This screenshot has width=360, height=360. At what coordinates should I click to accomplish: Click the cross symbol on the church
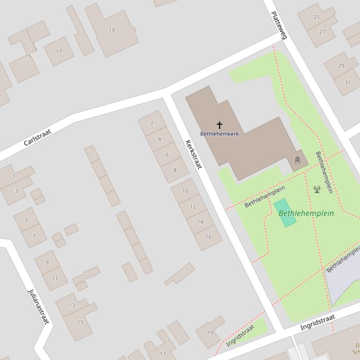coord(219,125)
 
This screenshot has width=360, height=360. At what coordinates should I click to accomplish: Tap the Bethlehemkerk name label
coord(219,134)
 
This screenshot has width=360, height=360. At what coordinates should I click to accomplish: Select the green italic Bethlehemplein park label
coord(306,213)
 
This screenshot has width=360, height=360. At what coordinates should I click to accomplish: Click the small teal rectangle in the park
coord(285,213)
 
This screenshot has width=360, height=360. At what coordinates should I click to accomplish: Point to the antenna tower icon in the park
coord(317,189)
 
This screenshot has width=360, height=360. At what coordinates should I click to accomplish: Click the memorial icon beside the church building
coord(297,161)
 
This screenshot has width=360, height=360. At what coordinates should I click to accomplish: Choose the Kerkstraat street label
coord(193,154)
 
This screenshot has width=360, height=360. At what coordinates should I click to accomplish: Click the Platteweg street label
coord(279,25)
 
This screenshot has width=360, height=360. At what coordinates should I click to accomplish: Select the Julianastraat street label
coord(38,307)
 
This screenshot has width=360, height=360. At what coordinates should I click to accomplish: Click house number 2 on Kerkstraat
coord(152,123)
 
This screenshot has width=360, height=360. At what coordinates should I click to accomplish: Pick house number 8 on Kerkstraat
coord(175,170)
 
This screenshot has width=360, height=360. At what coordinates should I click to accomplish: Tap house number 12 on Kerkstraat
coord(193,206)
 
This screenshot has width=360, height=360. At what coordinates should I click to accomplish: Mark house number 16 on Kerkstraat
coord(208,237)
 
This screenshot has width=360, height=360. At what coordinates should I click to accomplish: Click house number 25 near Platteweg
coord(316,17)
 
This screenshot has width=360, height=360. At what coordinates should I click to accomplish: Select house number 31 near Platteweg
coord(347,82)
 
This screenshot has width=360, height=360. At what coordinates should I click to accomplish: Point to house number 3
coord(16,191)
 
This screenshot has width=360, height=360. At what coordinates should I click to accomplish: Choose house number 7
coord(34,236)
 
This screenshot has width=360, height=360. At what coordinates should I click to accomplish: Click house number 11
coord(55,278)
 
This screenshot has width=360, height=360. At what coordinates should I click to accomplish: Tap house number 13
coord(72,305)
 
